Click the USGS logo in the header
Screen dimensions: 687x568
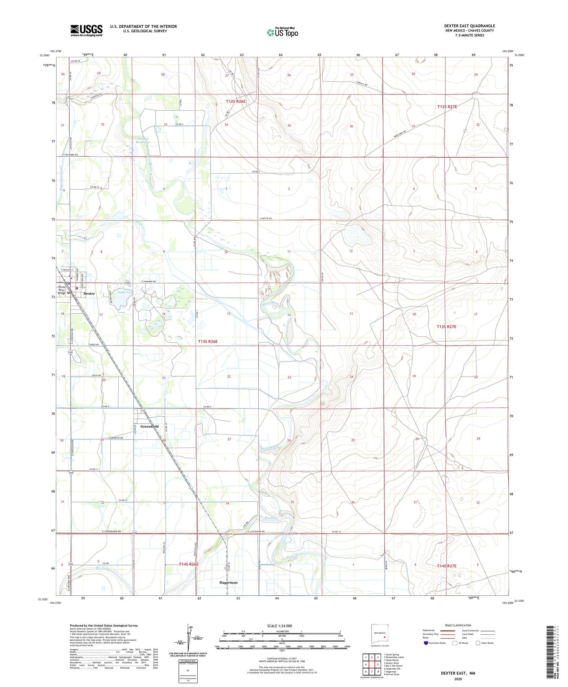86,30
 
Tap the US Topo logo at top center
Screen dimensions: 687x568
283,32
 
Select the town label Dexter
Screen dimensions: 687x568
89,294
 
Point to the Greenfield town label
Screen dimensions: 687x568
150,427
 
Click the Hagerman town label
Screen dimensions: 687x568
228,582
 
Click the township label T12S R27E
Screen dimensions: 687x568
447,107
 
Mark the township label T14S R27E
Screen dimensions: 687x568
447,566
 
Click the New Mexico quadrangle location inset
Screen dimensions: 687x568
380,635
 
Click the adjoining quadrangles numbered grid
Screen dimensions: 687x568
371,664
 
